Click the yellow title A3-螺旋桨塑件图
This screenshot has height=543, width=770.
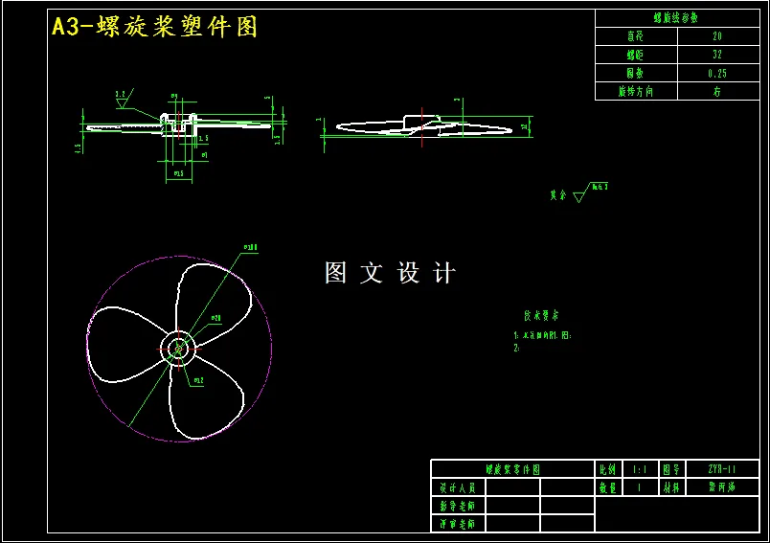pos(154,27)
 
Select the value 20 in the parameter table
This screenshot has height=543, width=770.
pos(717,35)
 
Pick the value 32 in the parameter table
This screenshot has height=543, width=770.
pos(717,55)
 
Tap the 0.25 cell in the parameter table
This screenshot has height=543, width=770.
pos(717,73)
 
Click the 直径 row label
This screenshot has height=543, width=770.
pos(636,35)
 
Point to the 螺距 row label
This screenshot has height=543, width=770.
pos(636,55)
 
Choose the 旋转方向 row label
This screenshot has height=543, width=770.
pos(636,91)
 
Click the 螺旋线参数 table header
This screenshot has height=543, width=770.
pos(676,17)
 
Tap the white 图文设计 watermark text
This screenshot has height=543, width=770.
pos(390,273)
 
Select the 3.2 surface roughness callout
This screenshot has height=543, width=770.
pos(122,94)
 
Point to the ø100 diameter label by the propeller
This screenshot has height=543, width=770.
pos(251,247)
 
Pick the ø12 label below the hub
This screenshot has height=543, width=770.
pos(198,380)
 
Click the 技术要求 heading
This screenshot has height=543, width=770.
pos(541,315)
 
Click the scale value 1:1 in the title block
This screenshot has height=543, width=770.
pos(639,469)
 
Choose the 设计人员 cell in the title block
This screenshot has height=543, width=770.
pos(459,487)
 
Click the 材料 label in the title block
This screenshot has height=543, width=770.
pos(671,487)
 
